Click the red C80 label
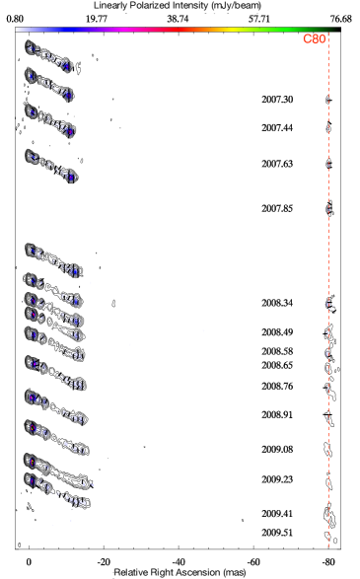coord(315,38)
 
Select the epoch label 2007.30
coord(277,100)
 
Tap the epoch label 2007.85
coord(277,209)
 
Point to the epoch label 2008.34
coord(277,303)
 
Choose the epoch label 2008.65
coord(277,365)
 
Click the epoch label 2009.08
coord(277,450)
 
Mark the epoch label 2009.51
coord(277,533)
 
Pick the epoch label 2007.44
coord(277,128)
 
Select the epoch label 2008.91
coord(277,414)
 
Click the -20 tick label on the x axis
coord(104,562)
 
